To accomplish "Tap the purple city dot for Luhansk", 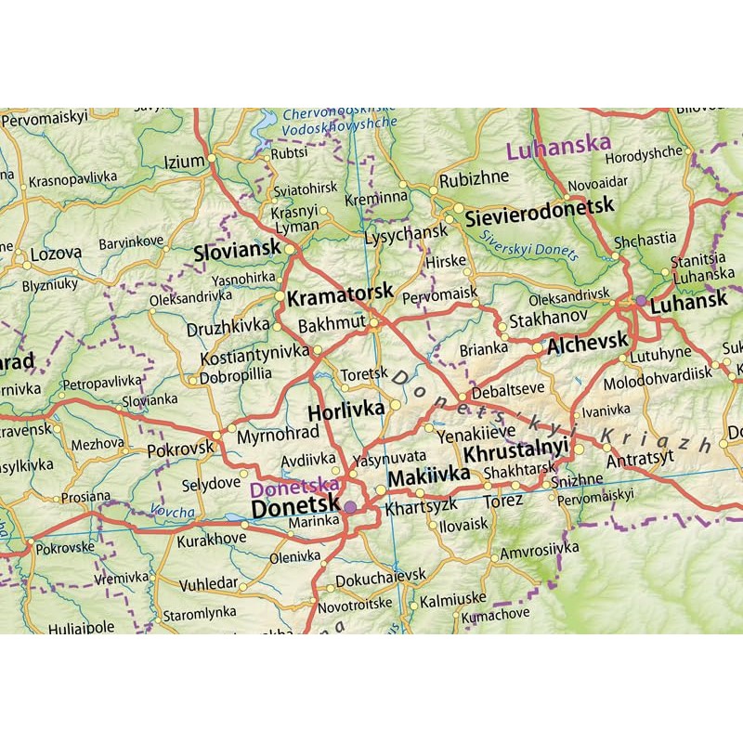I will point(641,300).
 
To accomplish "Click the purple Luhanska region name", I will point(559,145).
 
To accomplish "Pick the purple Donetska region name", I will point(294,485).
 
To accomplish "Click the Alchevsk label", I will point(589,344).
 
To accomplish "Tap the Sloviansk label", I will point(238,252).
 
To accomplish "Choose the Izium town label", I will point(184,162).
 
